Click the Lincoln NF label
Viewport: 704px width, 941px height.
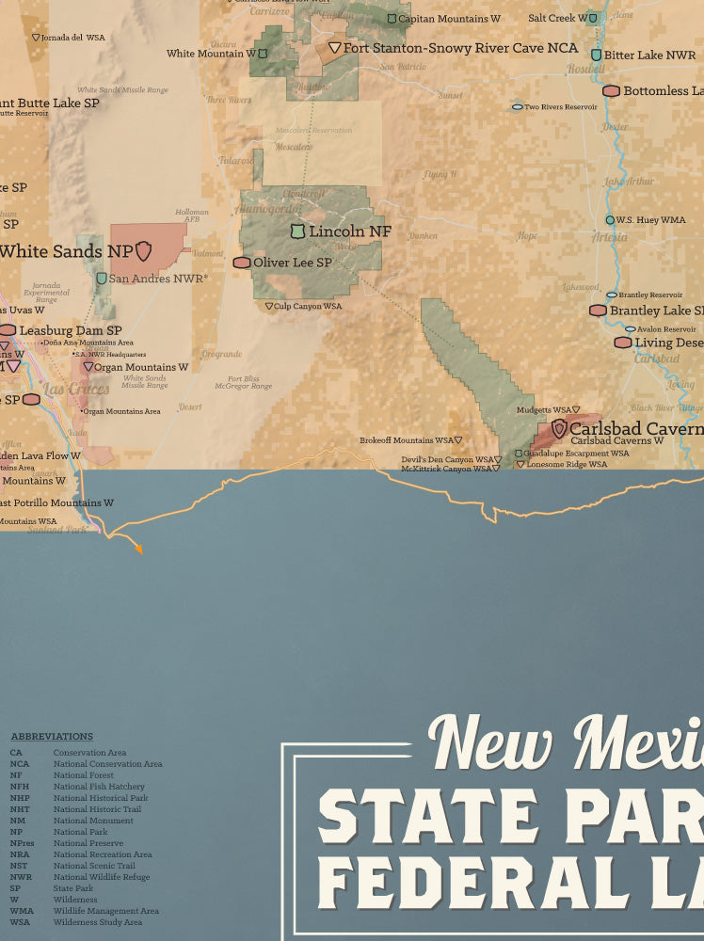(x=349, y=231)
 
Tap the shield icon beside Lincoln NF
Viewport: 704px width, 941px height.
(x=297, y=231)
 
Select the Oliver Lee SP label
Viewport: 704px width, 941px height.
(x=292, y=263)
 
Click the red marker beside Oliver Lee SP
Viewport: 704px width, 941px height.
(x=242, y=263)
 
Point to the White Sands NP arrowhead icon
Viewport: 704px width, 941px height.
(x=143, y=250)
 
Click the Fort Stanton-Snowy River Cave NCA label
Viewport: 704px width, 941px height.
(x=460, y=47)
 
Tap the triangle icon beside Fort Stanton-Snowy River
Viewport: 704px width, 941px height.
(x=334, y=47)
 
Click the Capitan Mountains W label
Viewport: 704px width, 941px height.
(x=449, y=19)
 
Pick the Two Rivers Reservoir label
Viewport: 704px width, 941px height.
(x=561, y=107)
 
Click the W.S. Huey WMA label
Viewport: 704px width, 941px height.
(x=650, y=220)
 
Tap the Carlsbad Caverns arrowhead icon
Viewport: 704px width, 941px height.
(x=559, y=428)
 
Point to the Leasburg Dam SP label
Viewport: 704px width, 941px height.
(x=71, y=330)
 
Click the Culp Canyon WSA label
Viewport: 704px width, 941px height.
(x=308, y=306)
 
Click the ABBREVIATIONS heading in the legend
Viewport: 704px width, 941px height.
(x=52, y=737)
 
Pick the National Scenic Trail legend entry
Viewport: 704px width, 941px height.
(x=94, y=866)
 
